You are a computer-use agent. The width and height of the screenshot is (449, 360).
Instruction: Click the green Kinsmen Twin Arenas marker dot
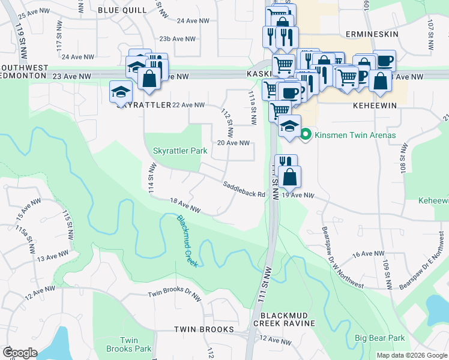click(x=305, y=134)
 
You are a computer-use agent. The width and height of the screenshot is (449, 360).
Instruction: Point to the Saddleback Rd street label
click(x=244, y=190)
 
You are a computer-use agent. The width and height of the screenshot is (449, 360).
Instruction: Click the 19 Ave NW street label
click(x=298, y=195)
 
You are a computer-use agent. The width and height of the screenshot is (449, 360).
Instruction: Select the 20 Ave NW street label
click(x=233, y=143)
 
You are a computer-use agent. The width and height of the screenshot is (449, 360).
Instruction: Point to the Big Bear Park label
click(x=379, y=338)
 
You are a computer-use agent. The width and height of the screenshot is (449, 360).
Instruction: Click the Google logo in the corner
click(x=20, y=352)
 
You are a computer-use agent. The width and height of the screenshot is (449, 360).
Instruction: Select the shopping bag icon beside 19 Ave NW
click(x=289, y=177)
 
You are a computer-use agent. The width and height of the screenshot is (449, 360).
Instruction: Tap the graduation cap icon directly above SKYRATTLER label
click(x=121, y=92)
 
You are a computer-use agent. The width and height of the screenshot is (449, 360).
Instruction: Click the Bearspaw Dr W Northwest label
click(x=343, y=258)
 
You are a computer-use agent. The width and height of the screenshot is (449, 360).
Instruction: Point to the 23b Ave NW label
click(x=178, y=38)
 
